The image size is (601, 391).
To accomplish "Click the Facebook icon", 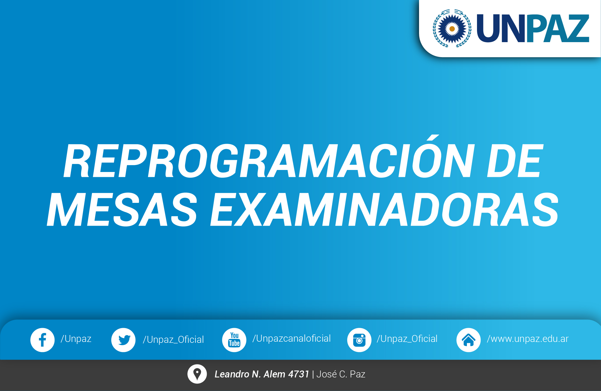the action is click(x=42, y=340).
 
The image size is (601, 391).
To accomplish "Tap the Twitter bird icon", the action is click(x=123, y=340).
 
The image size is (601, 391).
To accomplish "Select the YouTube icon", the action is click(x=234, y=340).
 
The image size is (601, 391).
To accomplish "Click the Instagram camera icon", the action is click(x=359, y=340).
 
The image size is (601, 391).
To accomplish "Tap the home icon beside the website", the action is click(x=469, y=340).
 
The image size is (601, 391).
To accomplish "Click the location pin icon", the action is click(x=197, y=374).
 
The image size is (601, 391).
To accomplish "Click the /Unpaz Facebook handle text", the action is click(x=76, y=339).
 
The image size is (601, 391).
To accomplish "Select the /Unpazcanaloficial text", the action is click(x=292, y=338).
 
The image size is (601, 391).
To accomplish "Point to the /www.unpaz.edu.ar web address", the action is click(x=528, y=339).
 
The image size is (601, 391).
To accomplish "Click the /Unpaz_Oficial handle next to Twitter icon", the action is click(x=173, y=340).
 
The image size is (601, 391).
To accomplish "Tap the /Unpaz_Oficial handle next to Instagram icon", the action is click(x=407, y=339).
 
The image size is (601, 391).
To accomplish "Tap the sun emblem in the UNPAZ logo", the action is click(x=452, y=28).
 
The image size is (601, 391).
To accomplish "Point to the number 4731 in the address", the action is click(x=299, y=374).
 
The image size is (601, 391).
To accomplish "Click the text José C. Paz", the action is click(x=341, y=374).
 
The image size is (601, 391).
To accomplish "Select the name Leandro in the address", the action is click(x=232, y=374).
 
